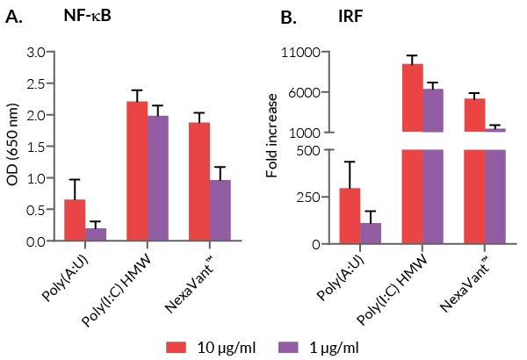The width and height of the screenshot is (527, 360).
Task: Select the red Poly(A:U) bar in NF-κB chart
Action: pyautogui.click(x=76, y=220)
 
